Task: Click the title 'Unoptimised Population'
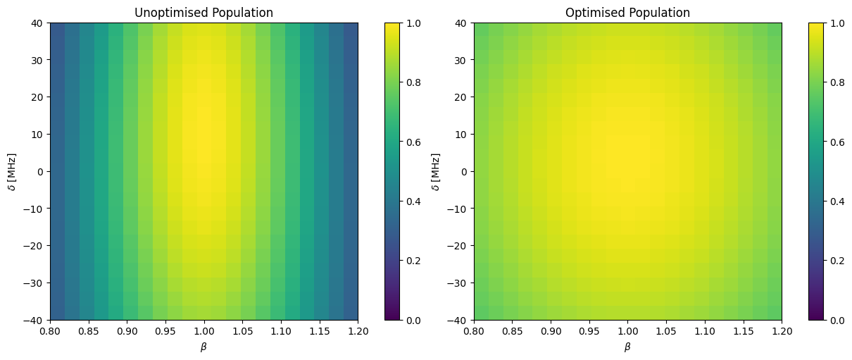[203, 13]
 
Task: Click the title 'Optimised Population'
[627, 13]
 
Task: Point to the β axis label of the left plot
[203, 347]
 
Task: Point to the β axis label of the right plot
[627, 347]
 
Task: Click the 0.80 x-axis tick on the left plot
[50, 331]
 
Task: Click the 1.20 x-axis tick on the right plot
[782, 331]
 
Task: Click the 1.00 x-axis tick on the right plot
[627, 331]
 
